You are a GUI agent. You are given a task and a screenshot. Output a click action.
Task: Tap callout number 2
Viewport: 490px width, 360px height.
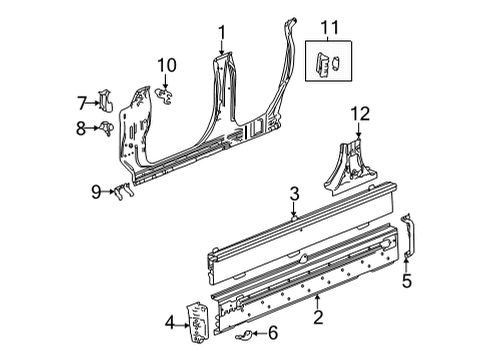pos(317,319)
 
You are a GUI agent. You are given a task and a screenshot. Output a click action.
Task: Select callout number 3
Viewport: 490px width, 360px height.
pos(294,194)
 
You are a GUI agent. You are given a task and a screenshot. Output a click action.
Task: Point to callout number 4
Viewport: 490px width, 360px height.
pos(170,321)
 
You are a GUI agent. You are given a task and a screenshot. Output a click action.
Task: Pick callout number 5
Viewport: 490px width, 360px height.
pos(407,282)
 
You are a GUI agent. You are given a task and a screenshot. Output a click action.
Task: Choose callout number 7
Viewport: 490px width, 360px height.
pos(83,101)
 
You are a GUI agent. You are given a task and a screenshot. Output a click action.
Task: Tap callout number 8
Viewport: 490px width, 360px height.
pos(83,129)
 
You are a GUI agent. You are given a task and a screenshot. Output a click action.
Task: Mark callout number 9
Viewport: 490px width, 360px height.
pos(96,190)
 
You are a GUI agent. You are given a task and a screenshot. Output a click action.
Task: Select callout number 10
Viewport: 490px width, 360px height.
pos(167,66)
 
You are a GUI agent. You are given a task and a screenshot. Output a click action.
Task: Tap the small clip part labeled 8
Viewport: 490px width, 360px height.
pos(105,129)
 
